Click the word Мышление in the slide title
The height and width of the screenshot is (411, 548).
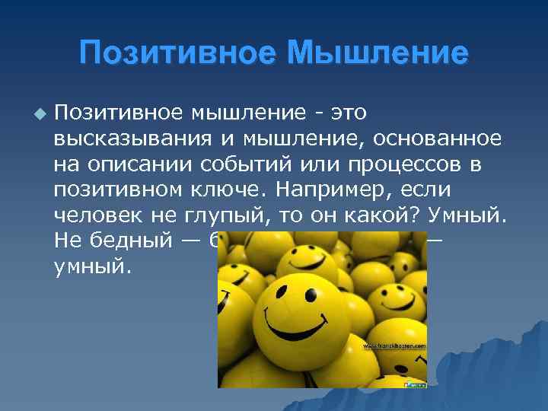[x=378, y=53]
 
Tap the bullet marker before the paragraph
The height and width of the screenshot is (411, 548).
[x=40, y=113]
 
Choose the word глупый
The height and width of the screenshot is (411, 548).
[x=227, y=215]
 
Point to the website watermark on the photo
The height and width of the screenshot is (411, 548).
[x=393, y=346]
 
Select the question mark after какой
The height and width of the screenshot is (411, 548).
[x=422, y=215]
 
